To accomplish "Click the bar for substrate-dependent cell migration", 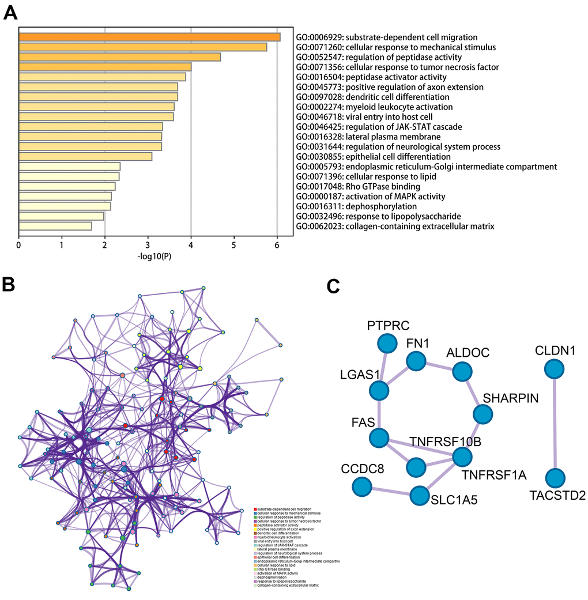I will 149,37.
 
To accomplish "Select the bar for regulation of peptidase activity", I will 120,57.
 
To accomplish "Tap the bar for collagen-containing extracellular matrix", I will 55,226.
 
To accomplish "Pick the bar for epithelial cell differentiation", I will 85,156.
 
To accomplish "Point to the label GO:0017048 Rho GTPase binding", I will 358,186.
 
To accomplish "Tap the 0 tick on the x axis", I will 19,245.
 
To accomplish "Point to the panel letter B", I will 10,284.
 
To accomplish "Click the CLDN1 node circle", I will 555,369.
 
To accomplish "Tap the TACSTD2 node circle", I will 555,478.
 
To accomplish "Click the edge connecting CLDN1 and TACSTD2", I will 555,424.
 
